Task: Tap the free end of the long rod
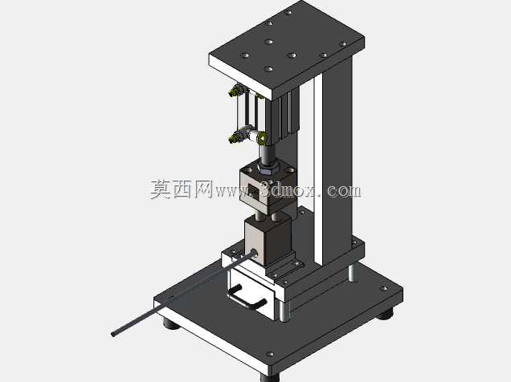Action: tap(113, 334)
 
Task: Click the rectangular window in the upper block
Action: tap(254, 191)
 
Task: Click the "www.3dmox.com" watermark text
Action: tap(288, 189)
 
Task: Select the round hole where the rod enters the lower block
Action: tap(254, 253)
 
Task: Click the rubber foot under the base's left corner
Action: tap(171, 324)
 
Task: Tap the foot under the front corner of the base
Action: tap(270, 377)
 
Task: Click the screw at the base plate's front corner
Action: tap(270, 354)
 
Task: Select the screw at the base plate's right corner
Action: tap(383, 288)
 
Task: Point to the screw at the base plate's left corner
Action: tap(170, 297)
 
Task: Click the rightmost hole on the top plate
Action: tap(343, 43)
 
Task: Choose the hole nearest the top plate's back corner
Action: tap(288, 12)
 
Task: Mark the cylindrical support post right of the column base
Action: tap(354, 274)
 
